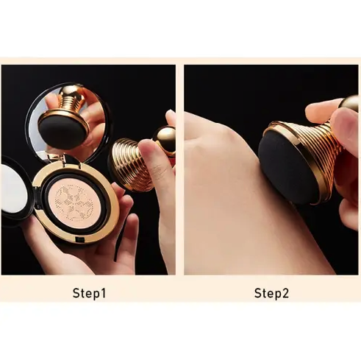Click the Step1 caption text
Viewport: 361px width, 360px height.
90,293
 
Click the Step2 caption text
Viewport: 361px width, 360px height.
271,293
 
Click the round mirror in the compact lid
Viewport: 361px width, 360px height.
69,123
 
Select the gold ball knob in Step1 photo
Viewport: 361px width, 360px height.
165,139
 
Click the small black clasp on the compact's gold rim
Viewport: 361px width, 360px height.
79,239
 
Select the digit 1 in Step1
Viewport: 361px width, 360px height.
103,293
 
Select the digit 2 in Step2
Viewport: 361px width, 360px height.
285,293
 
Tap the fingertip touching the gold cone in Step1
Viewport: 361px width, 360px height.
146,149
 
